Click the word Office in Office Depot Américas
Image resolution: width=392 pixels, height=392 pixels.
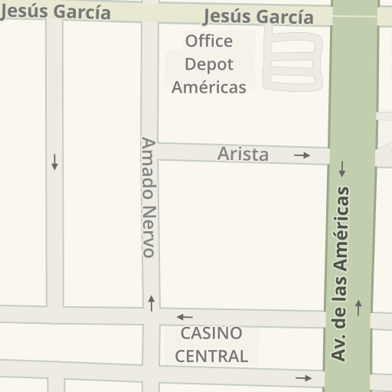(209, 41)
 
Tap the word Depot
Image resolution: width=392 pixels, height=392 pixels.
(209, 64)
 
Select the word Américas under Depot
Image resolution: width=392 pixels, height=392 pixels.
(209, 87)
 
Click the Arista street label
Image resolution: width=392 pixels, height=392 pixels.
(243, 154)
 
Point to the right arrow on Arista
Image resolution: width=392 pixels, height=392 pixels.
(302, 155)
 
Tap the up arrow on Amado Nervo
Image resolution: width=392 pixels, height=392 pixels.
(152, 302)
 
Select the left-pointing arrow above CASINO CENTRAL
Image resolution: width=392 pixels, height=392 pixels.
(185, 317)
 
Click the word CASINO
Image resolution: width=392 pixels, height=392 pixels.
(211, 334)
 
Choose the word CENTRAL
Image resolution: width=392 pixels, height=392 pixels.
(211, 356)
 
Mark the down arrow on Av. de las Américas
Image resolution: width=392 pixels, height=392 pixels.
(342, 168)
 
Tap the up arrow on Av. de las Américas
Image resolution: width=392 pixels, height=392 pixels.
(358, 307)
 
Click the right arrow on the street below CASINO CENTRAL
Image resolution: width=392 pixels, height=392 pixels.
(304, 378)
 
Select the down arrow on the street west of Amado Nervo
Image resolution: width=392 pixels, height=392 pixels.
(54, 162)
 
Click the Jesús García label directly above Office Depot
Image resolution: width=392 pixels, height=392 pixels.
(259, 17)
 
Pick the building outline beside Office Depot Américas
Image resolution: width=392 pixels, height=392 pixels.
(291, 57)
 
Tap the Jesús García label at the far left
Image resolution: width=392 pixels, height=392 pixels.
(55, 11)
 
